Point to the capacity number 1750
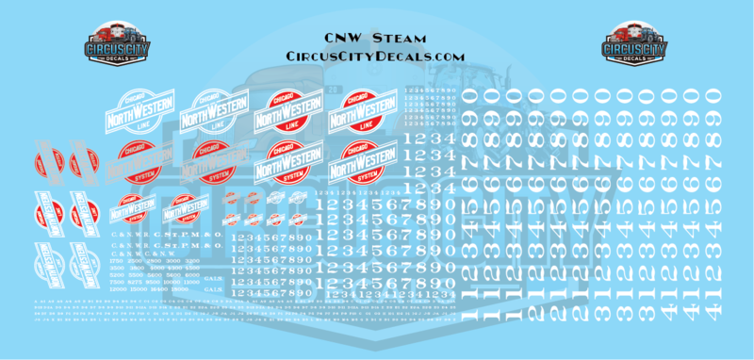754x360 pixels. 116,261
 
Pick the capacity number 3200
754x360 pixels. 192,261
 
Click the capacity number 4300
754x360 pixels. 173,268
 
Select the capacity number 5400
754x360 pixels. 173,275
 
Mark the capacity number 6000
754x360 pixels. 192,275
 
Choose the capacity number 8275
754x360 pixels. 136,282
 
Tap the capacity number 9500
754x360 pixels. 154,282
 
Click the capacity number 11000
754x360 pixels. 192,282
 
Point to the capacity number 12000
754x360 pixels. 116,289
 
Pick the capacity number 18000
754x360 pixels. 179,289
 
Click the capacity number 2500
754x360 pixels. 136,261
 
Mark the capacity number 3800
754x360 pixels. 136,268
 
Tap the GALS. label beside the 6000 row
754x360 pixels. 213,279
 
